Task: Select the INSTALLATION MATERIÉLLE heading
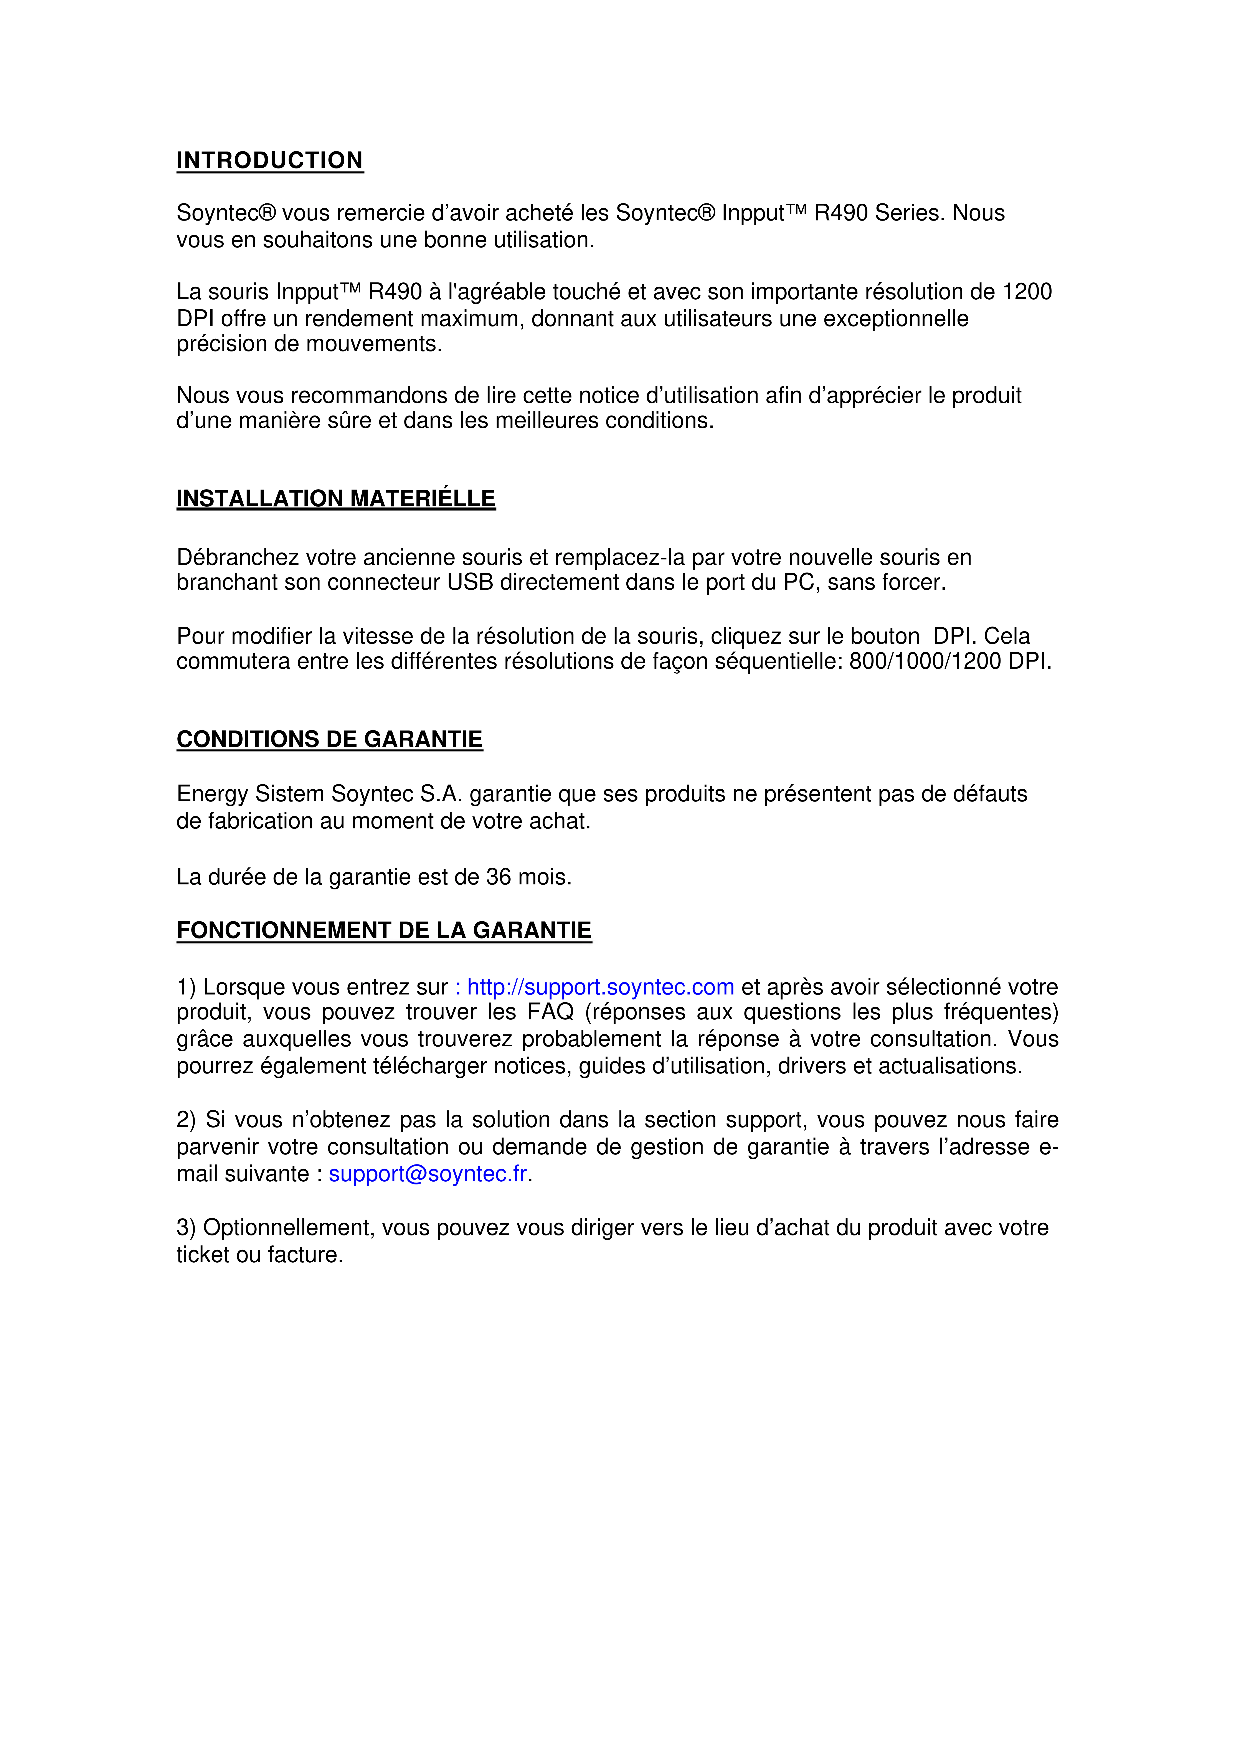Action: coord(336,499)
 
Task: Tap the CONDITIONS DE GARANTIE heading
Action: coord(330,739)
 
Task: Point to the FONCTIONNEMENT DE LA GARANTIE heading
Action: coord(384,930)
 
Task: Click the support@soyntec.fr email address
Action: coord(428,1174)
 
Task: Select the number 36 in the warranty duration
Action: coord(499,877)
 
